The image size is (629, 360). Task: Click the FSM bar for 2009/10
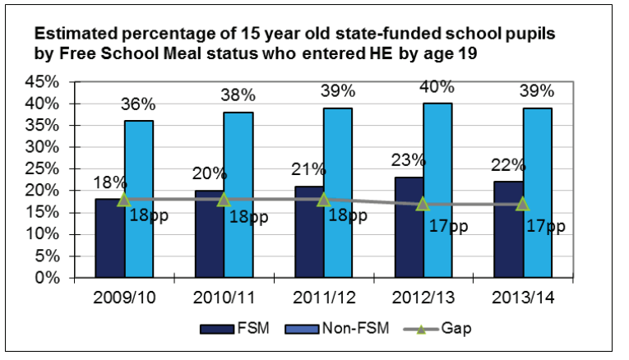pos(110,238)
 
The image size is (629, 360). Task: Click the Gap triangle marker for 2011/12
pos(323,200)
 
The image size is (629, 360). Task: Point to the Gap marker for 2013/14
pos(523,204)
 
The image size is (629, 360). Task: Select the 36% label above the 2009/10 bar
pos(137,104)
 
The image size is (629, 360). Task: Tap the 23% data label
pos(409,160)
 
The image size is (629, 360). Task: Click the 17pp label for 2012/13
pos(450,224)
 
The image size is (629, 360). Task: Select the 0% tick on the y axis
pos(45,278)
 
